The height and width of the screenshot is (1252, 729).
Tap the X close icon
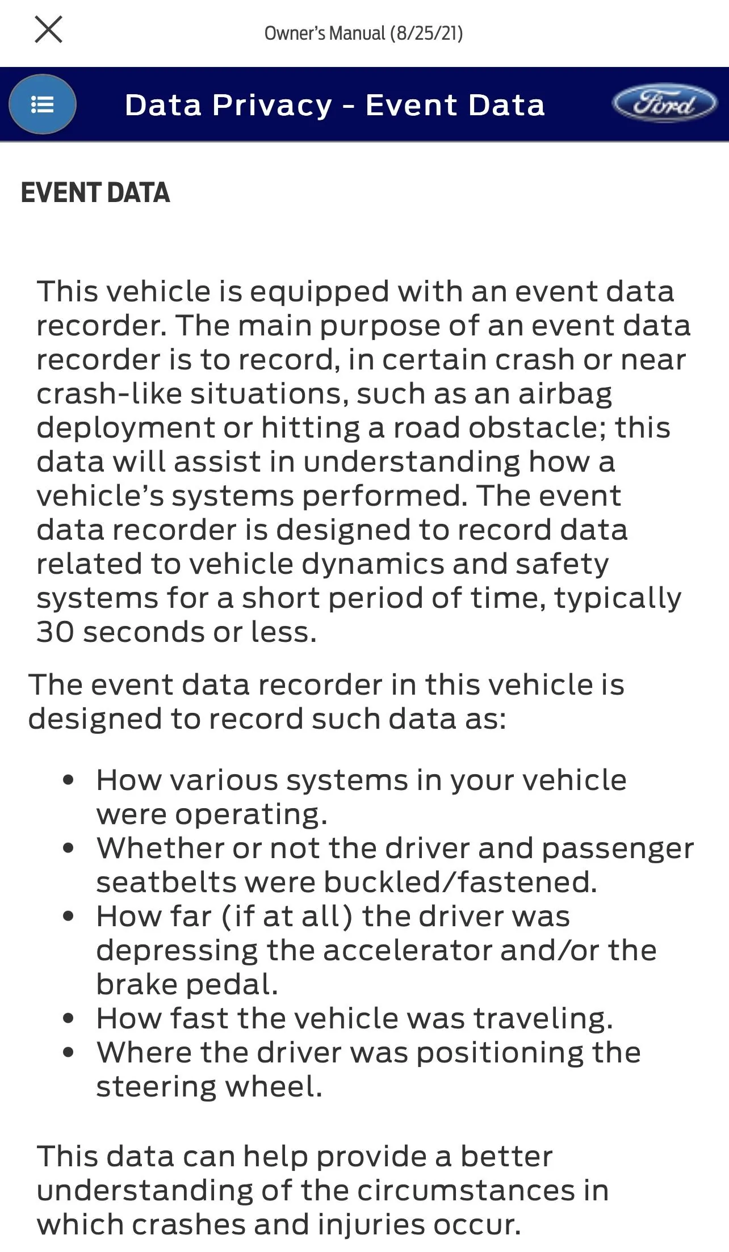pos(48,30)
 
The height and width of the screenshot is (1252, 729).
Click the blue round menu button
pos(43,104)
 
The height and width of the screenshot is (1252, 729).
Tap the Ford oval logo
pos(664,104)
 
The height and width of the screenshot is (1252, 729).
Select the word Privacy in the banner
pos(273,106)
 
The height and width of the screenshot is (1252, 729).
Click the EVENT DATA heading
pos(95,193)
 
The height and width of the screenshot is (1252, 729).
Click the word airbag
pos(565,394)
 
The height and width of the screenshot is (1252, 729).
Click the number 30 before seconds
pos(55,632)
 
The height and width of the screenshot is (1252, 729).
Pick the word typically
pos(618,599)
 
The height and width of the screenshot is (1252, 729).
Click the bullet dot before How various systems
pos(69,780)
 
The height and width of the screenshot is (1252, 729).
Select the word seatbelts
pos(166,883)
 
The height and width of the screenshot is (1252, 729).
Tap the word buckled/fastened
pos(460,883)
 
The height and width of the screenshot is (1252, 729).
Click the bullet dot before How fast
pos(69,1018)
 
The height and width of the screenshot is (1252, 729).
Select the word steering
pos(156,1087)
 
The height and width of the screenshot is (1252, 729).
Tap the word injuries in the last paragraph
pos(371,1225)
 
